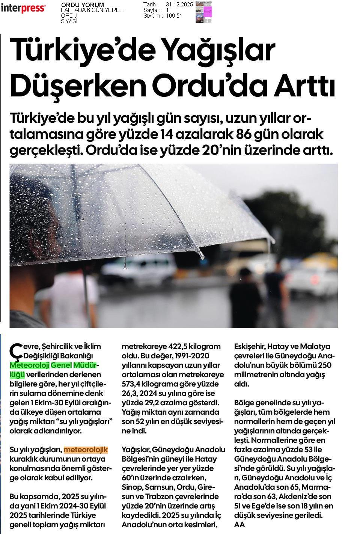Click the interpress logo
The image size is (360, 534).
pos(23,8)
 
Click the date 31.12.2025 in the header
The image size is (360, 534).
pos(179,5)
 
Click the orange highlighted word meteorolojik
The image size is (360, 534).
pos(86,450)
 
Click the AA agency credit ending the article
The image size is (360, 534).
pos(239,525)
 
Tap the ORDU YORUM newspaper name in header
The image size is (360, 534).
pos(82,5)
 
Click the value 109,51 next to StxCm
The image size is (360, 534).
pos(174,16)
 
